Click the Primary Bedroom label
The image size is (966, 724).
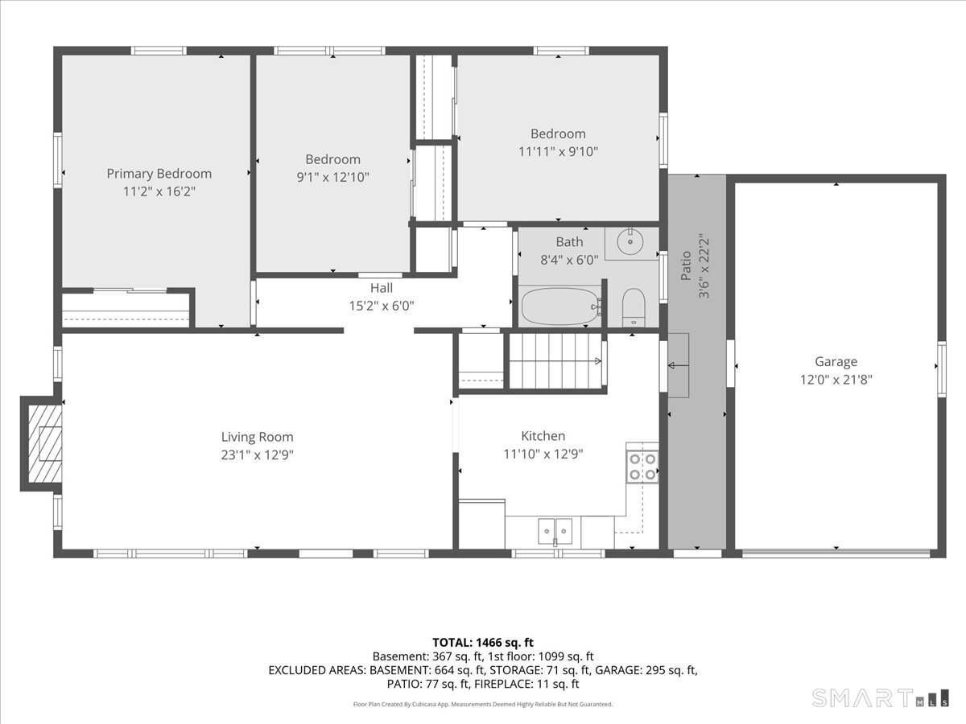[x=159, y=174]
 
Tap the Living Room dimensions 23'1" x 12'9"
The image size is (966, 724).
[x=257, y=455]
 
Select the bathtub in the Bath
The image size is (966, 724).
[x=560, y=306]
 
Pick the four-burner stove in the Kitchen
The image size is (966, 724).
[x=642, y=467]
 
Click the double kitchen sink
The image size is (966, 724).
[x=555, y=531]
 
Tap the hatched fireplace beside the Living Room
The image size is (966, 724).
[x=45, y=443]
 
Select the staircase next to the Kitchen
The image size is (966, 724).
[x=555, y=361]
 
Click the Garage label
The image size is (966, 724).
[x=836, y=361]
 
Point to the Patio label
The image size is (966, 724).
[x=686, y=265]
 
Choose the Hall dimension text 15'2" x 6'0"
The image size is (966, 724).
[x=382, y=306]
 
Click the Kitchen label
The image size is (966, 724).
[x=543, y=436]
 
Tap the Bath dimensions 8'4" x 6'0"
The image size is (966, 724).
[x=569, y=260]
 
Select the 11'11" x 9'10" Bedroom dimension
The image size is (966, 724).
[x=558, y=152]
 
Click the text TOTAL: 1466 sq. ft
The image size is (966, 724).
[x=483, y=643]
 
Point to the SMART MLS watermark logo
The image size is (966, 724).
[x=880, y=698]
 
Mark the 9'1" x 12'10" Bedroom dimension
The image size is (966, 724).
[x=332, y=177]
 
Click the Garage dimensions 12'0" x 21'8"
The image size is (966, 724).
[x=836, y=380]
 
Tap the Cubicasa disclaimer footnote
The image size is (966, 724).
[x=483, y=704]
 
